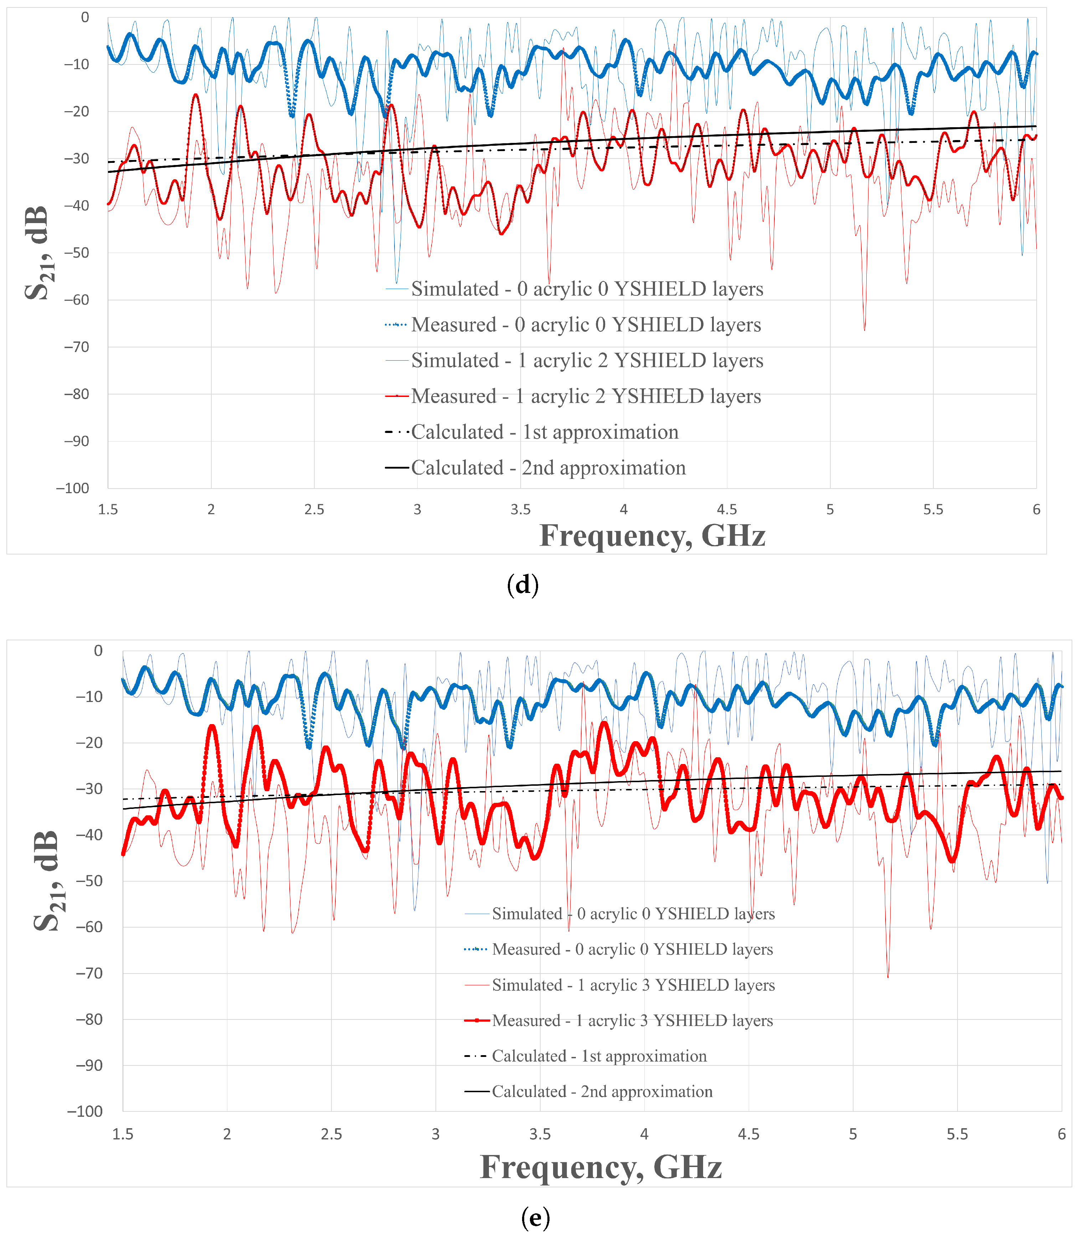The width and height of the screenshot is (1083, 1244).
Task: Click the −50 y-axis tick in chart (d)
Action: (x=76, y=253)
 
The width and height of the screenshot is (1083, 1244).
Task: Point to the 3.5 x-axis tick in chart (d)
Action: (x=520, y=509)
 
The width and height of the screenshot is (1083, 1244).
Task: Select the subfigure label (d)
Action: (x=523, y=584)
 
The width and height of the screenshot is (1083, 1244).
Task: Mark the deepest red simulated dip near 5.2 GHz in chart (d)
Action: (x=864, y=329)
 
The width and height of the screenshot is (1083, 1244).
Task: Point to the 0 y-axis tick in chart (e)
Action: (x=98, y=651)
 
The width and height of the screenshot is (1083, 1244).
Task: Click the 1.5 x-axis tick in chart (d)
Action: (x=108, y=509)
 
